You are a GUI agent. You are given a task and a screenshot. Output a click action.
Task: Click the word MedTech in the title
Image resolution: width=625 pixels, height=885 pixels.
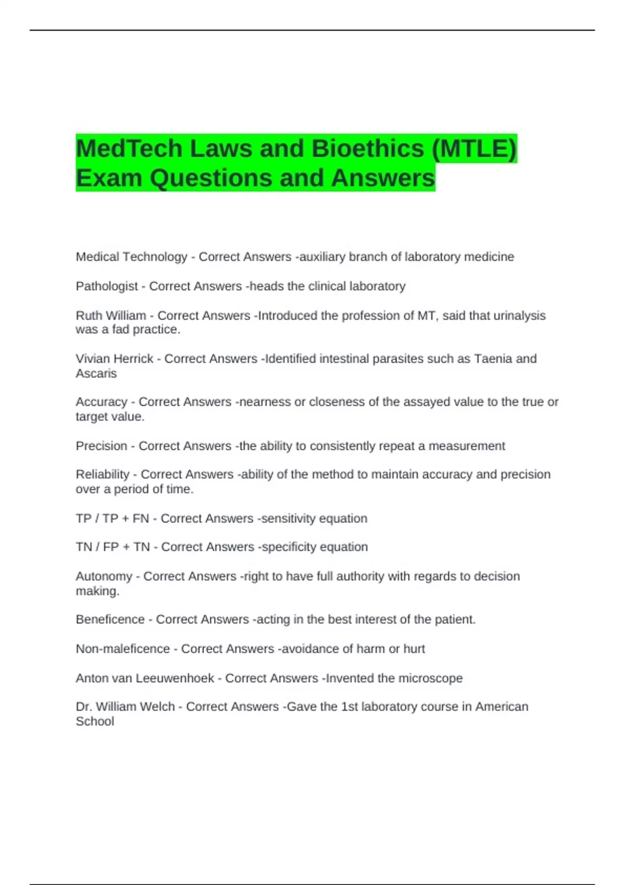click(x=128, y=149)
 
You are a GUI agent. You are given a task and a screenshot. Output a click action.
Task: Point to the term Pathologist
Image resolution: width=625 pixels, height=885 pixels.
click(x=107, y=286)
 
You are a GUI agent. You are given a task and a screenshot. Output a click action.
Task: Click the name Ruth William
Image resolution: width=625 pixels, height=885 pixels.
click(x=111, y=315)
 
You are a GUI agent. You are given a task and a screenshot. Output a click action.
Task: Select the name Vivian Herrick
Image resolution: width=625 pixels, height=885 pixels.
click(x=115, y=359)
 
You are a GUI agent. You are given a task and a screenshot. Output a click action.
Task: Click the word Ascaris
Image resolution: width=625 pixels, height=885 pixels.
click(x=96, y=373)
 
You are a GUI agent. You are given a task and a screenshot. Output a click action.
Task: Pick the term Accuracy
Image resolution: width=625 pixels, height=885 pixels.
click(x=102, y=402)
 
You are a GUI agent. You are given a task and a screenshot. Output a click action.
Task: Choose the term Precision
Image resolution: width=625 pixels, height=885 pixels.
click(x=102, y=446)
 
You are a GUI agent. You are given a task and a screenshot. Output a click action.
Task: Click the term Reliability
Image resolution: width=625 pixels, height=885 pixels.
click(x=103, y=474)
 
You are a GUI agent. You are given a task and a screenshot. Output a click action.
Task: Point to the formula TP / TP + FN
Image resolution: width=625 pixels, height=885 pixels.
click(x=113, y=519)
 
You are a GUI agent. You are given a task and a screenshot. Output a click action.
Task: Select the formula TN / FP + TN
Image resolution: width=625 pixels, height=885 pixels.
click(x=113, y=547)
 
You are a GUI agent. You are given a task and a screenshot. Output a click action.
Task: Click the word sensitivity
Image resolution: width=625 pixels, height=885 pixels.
click(x=288, y=519)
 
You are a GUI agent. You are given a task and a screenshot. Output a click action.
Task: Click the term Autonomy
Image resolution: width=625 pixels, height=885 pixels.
click(x=104, y=576)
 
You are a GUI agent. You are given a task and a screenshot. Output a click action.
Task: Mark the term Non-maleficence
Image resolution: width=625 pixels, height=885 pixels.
click(x=123, y=649)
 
